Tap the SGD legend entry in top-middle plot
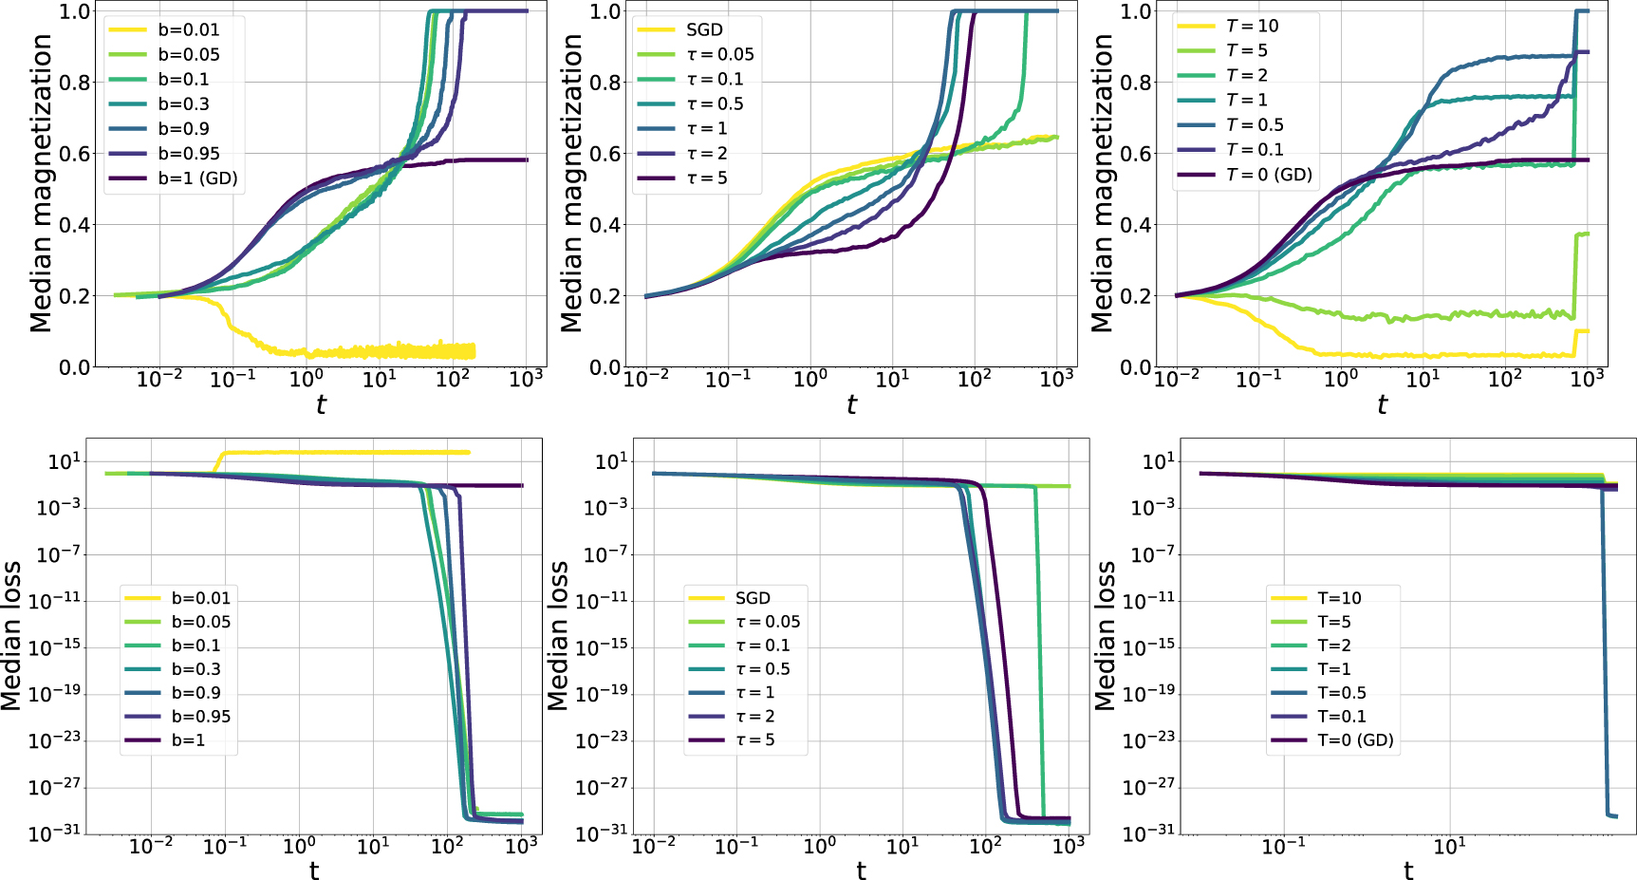[x=704, y=29]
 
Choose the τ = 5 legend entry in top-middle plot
[x=707, y=178]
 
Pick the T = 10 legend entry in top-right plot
[x=1252, y=26]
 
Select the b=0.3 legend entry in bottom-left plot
[x=195, y=669]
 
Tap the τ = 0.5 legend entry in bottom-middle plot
[x=763, y=669]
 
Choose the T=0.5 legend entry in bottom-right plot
[x=1342, y=693]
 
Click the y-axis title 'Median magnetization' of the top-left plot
[x=40, y=183]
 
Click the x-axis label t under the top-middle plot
[x=851, y=405]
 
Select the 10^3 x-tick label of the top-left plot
[x=526, y=379]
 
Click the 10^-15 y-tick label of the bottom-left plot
[x=54, y=647]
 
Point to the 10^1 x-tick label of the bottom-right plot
[x=1449, y=846]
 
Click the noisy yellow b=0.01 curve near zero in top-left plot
[x=380, y=351]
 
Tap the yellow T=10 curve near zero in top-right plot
[x=1423, y=355]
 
